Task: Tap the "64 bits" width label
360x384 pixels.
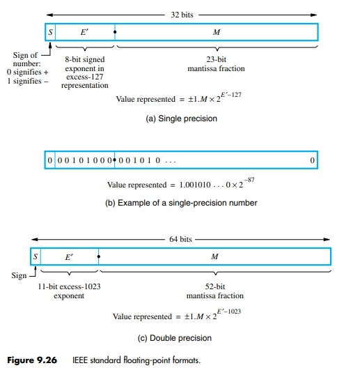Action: [x=183, y=239]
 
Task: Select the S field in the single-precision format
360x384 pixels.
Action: [x=49, y=32]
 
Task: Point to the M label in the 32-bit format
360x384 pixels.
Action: [x=216, y=32]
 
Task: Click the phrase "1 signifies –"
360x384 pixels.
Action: [x=27, y=81]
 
